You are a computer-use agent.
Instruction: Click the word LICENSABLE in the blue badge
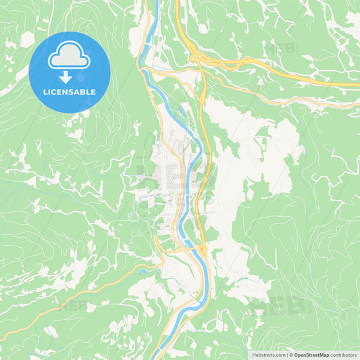[70, 91]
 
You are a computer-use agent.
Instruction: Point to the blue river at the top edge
[155, 3]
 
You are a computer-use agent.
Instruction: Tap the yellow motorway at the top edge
[177, 3]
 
